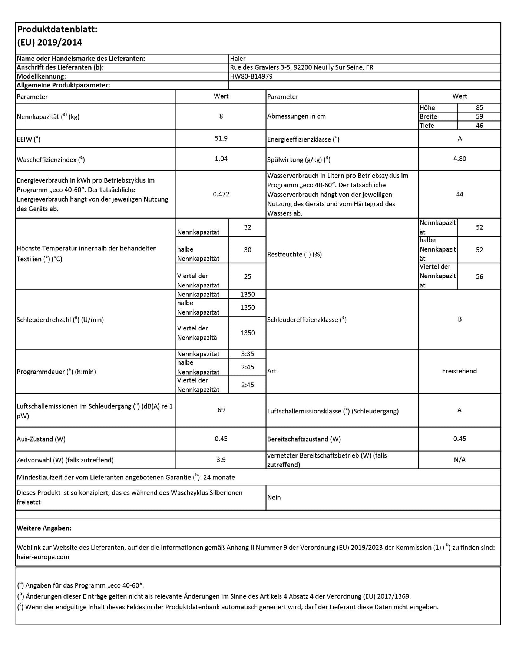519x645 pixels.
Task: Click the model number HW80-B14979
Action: (x=251, y=77)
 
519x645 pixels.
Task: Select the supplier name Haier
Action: (x=238, y=59)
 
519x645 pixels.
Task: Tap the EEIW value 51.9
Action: (x=221, y=139)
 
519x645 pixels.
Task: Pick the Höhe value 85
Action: (x=479, y=108)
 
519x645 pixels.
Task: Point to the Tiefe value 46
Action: (x=479, y=126)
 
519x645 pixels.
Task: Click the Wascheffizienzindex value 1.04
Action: (x=221, y=159)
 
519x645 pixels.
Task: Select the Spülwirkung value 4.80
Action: (x=460, y=159)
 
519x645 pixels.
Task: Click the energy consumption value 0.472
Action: (x=221, y=194)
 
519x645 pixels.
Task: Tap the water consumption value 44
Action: (x=460, y=194)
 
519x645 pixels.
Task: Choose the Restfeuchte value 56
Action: (x=479, y=277)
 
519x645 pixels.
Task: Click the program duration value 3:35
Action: (x=248, y=354)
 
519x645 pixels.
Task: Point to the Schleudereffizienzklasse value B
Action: (x=460, y=319)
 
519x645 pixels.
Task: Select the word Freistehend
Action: (x=459, y=371)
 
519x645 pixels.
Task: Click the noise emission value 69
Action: (x=221, y=410)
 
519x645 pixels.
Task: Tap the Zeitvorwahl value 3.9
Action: (x=221, y=460)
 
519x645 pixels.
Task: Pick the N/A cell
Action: (x=460, y=460)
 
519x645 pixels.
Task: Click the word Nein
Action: (x=274, y=498)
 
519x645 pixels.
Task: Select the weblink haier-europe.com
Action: (x=43, y=557)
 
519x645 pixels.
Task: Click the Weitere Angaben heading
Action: (x=44, y=528)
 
